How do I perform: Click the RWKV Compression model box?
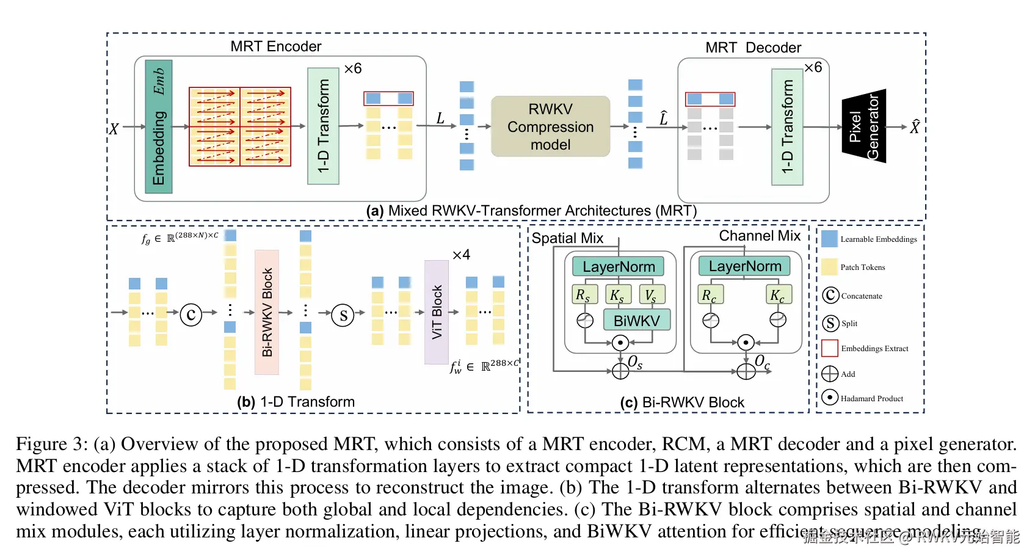pos(550,126)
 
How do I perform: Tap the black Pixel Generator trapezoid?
pos(864,126)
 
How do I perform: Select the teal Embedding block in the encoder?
pos(159,126)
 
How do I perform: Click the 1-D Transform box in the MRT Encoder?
pos(323,126)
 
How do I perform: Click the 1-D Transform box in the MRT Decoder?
pos(787,126)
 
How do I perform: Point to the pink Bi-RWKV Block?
pos(267,312)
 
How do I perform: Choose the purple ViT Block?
pos(437,312)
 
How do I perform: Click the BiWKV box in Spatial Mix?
pos(636,321)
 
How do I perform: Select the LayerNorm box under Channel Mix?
pos(744,266)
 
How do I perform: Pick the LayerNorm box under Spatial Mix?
pos(618,267)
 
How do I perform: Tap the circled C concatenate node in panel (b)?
pos(191,315)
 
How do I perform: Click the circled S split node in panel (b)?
pos(343,315)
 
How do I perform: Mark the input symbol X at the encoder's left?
pos(114,129)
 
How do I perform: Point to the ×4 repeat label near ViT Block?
pos(461,255)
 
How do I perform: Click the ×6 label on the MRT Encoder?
pos(353,68)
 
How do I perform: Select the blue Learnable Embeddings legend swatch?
pos(829,239)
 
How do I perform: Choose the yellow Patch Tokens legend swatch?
pos(829,267)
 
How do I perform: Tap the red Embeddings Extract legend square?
pos(829,348)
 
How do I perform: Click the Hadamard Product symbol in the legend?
pos(829,398)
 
